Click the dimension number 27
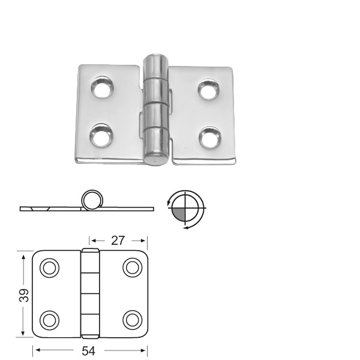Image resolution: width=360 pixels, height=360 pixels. point(118,241)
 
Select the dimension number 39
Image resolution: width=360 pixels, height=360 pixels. point(24,295)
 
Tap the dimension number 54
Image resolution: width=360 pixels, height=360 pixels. point(89,351)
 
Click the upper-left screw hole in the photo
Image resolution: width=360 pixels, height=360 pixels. point(103,88)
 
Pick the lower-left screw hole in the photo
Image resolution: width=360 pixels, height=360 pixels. point(101,136)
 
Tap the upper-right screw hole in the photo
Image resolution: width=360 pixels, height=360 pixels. point(208,89)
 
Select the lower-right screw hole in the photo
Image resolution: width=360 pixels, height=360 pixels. point(210,137)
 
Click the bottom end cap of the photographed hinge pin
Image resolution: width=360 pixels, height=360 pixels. point(155,159)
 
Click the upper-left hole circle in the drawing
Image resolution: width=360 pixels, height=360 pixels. point(49,268)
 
